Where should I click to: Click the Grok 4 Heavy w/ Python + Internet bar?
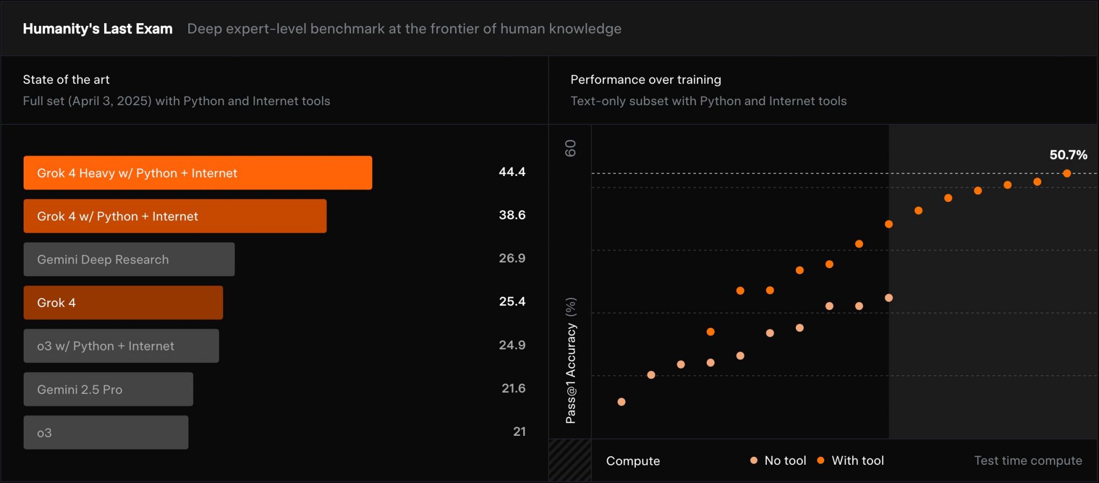pyautogui.click(x=197, y=173)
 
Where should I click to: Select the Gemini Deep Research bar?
pyautogui.click(x=129, y=259)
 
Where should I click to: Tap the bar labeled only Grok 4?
pyautogui.click(x=123, y=303)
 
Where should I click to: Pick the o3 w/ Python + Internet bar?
pyautogui.click(x=121, y=346)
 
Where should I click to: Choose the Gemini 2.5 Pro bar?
pyautogui.click(x=108, y=389)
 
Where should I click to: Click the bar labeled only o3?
pyautogui.click(x=106, y=433)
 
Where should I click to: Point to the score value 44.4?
pyautogui.click(x=512, y=172)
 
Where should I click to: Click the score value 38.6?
pyautogui.click(x=512, y=215)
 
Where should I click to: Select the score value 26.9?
pyautogui.click(x=512, y=258)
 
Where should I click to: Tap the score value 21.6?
pyautogui.click(x=513, y=388)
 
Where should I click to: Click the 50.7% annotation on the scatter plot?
pyautogui.click(x=1068, y=155)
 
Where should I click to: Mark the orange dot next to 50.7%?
pyautogui.click(x=1067, y=173)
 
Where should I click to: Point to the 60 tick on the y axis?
pyautogui.click(x=570, y=148)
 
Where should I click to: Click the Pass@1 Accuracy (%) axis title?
pyautogui.click(x=570, y=360)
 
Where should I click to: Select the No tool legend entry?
pyautogui.click(x=779, y=460)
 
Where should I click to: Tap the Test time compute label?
pyautogui.click(x=1028, y=460)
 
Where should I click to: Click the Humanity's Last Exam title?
pyautogui.click(x=98, y=28)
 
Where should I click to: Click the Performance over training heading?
pyautogui.click(x=646, y=79)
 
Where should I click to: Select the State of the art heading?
pyautogui.click(x=66, y=79)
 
